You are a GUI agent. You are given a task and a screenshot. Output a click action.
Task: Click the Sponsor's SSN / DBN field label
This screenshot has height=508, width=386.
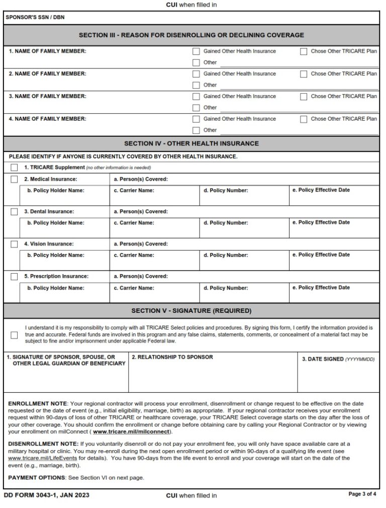[x=35, y=18]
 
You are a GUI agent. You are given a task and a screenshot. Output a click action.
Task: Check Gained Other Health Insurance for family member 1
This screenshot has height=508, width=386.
[x=197, y=51]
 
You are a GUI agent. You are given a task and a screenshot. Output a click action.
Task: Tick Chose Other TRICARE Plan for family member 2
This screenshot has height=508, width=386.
[x=304, y=74]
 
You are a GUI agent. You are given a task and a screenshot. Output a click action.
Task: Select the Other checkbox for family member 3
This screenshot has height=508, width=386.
[x=197, y=108]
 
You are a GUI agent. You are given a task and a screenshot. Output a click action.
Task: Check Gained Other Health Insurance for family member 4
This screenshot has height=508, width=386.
[x=197, y=119]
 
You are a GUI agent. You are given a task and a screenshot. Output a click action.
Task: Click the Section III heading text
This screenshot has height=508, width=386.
[x=191, y=35]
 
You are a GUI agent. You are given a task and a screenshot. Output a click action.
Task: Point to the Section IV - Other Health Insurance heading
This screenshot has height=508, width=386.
[x=191, y=143]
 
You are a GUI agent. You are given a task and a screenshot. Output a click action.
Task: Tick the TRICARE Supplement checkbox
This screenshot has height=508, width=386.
[x=14, y=167]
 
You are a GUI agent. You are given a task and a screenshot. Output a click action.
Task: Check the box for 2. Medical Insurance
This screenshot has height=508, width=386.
[x=14, y=179]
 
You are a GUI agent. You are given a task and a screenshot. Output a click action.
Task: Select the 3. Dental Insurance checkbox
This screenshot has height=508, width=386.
[x=14, y=212]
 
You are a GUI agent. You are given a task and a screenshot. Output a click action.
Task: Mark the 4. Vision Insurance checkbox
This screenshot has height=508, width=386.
[x=14, y=244]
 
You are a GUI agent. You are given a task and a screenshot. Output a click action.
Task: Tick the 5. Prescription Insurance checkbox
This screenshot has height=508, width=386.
[x=14, y=277]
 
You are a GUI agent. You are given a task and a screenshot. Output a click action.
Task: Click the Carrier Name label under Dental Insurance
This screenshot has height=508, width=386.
[x=134, y=223]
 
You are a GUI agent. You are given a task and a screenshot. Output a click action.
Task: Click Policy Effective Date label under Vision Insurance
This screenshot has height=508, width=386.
[x=321, y=255]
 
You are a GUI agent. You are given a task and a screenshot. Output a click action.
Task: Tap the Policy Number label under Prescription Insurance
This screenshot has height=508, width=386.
[x=226, y=288]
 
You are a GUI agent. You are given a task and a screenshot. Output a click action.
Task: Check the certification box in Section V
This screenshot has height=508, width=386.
[x=14, y=334]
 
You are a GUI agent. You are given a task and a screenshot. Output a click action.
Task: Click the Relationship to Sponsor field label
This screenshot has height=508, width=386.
[x=172, y=357]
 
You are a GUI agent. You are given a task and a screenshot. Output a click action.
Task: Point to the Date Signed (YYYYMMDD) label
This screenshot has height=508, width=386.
[x=338, y=359]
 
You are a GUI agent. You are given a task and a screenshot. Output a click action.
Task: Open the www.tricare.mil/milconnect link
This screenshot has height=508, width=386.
[x=132, y=432]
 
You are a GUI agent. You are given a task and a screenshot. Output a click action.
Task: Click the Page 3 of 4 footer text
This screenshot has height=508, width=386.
[x=362, y=494]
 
